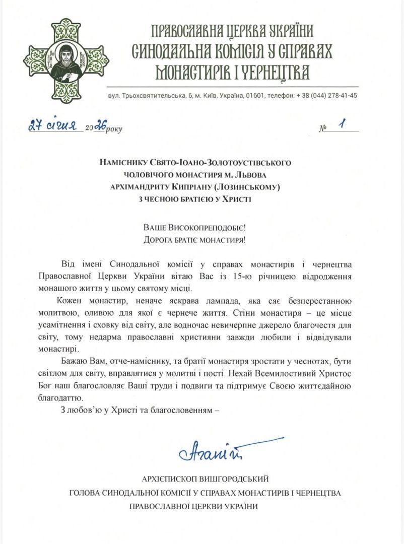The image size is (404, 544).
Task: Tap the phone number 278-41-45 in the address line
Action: pyautogui.click(x=342, y=95)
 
